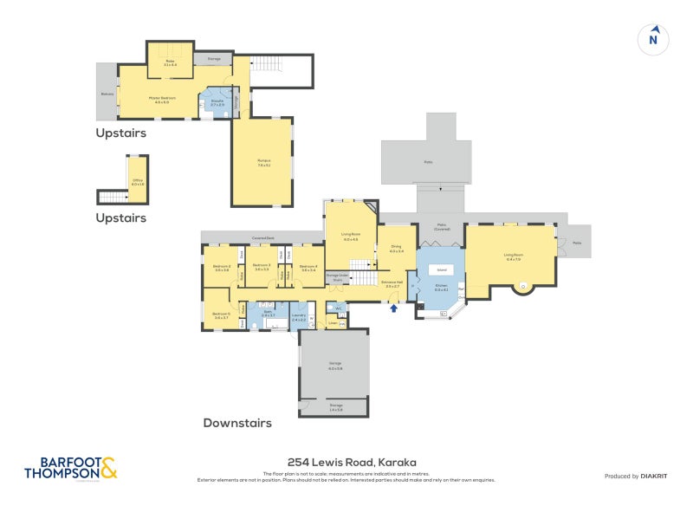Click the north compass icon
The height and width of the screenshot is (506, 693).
click(655, 38)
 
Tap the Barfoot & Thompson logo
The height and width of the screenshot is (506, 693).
click(70, 468)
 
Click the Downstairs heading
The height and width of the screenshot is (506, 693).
click(237, 423)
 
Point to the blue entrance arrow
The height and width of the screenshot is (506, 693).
click(394, 307)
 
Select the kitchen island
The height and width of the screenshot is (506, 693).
click(441, 270)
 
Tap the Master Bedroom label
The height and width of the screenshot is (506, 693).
click(162, 98)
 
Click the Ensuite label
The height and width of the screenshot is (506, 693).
click(217, 101)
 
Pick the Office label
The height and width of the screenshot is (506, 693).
click(137, 183)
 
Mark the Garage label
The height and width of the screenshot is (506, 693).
click(335, 367)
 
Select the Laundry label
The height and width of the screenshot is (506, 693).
click(299, 318)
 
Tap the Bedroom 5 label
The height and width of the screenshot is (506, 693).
click(221, 315)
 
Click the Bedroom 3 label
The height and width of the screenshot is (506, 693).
click(262, 267)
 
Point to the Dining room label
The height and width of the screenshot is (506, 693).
click(397, 250)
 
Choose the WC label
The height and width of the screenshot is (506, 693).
click(340, 308)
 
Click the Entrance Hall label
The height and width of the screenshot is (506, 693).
click(392, 282)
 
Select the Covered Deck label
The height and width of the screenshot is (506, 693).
click(263, 237)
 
